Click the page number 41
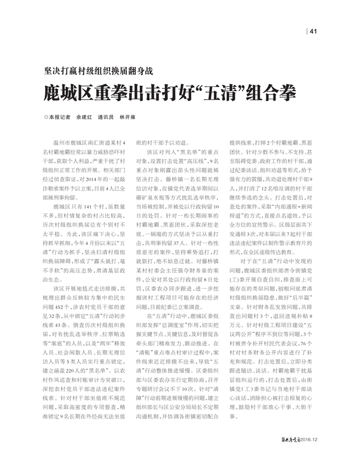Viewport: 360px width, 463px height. click(x=313, y=30)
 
